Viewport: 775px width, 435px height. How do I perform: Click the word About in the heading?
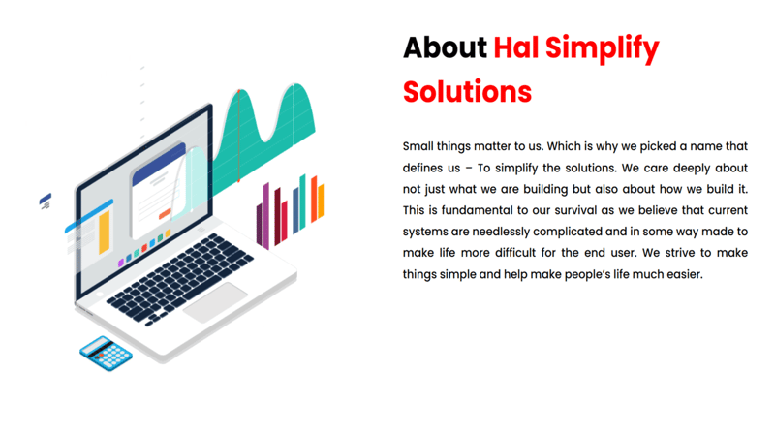click(x=445, y=47)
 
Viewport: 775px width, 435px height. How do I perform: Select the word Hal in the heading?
click(x=516, y=47)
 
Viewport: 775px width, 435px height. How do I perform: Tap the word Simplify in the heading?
click(x=603, y=50)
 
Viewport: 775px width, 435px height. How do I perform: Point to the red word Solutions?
click(x=467, y=91)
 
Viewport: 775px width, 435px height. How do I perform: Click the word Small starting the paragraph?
click(x=418, y=146)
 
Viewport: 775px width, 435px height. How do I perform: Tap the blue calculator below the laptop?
click(x=107, y=354)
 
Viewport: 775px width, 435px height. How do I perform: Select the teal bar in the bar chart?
click(x=302, y=202)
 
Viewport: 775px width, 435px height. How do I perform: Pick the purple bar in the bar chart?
click(x=265, y=216)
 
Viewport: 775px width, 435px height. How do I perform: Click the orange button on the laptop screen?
click(x=165, y=213)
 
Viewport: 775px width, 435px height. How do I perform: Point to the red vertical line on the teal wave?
click(x=238, y=136)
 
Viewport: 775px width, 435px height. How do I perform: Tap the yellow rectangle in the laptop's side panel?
click(x=105, y=233)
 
